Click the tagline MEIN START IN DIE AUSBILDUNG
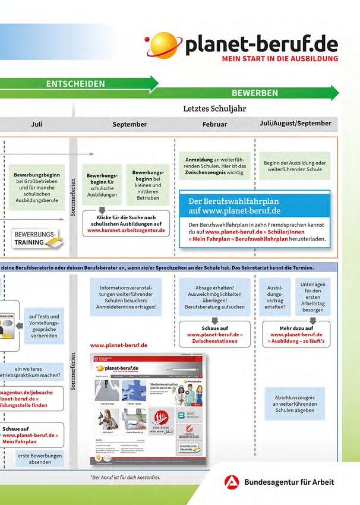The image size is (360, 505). tap(280, 59)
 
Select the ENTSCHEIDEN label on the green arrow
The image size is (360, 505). tap(75, 84)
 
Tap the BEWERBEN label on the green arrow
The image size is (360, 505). tap(255, 93)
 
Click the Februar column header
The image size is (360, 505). tap(214, 124)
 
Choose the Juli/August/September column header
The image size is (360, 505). tap(295, 124)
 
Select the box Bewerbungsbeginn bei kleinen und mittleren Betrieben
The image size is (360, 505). tap(148, 185)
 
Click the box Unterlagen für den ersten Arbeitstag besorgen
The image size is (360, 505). tap(312, 297)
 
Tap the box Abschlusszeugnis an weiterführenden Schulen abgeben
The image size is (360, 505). tap(295, 403)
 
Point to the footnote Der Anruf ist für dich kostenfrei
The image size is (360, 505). tap(125, 477)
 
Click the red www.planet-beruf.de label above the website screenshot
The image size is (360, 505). tap(119, 345)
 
